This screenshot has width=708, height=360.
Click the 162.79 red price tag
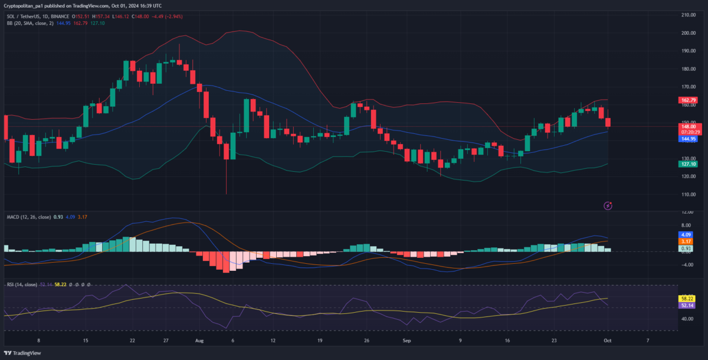688,100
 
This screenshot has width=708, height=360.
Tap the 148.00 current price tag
688,126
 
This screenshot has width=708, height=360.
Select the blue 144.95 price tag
688,139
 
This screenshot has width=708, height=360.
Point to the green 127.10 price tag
688,163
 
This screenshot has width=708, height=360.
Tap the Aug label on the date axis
199,341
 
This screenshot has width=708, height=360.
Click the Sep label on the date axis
406,341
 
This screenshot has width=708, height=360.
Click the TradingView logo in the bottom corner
24,353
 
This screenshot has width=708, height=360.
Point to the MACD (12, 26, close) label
28,217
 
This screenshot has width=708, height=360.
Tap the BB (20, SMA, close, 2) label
29,23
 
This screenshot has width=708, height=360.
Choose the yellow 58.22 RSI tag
687,299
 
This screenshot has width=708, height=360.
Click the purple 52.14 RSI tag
687,306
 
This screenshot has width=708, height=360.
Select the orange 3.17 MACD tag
686,241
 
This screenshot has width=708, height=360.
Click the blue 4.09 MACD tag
686,234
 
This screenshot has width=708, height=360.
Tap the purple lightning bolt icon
608,205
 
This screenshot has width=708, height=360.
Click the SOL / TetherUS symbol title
29,16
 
